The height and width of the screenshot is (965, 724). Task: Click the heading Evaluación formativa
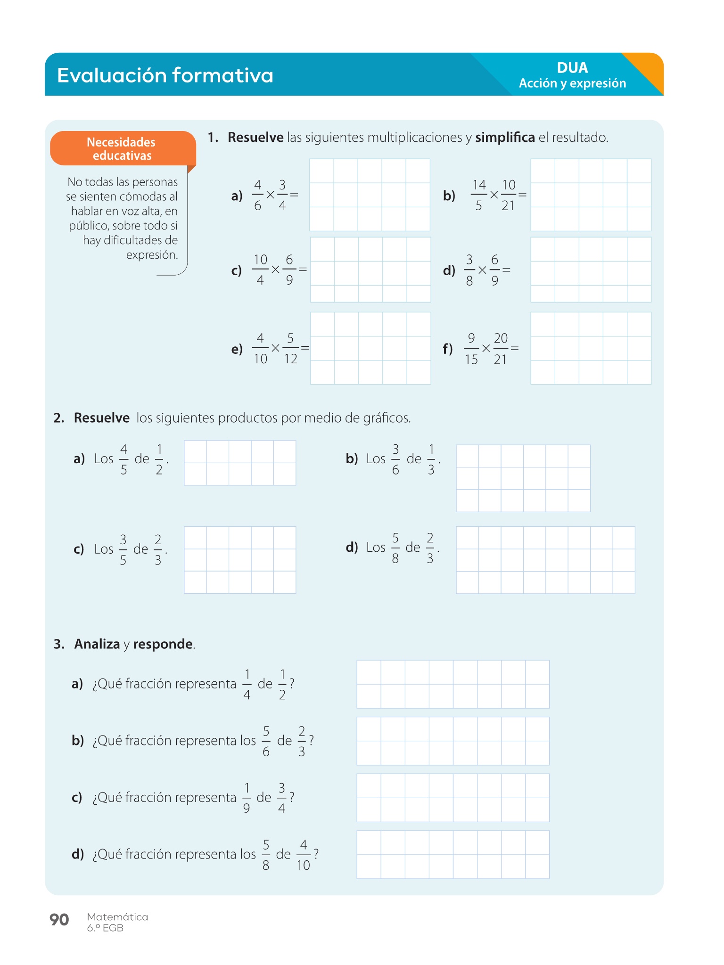165,75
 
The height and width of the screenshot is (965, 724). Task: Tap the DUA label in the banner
572,68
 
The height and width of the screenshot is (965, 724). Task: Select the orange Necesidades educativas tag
122,148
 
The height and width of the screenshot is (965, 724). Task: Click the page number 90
59,919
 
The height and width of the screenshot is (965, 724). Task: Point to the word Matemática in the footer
117,916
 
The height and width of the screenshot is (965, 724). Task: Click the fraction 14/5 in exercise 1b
478,195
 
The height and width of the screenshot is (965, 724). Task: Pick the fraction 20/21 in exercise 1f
500,349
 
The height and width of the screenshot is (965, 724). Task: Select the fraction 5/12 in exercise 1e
290,349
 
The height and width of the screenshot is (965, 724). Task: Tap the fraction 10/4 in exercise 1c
260,270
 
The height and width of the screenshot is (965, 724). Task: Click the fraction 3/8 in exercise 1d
469,270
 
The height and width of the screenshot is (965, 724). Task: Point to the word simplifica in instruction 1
505,138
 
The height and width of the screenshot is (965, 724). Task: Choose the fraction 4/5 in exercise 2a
123,459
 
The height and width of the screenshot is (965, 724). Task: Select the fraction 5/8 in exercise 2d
395,548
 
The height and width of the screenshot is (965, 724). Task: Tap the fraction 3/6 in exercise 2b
395,459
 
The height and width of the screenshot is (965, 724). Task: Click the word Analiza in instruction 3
97,644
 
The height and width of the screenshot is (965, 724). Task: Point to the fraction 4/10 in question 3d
303,855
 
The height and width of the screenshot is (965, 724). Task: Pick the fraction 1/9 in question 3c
246,798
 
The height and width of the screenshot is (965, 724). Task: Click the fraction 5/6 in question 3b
266,741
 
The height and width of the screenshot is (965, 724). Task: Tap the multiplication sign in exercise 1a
270,195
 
